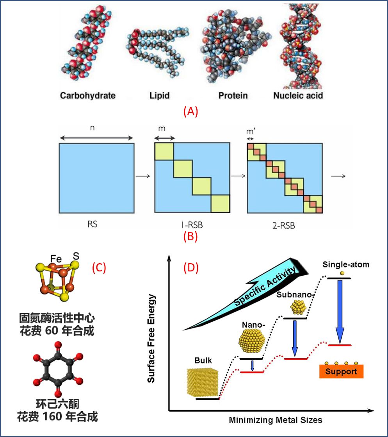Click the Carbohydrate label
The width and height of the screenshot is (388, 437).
click(88, 95)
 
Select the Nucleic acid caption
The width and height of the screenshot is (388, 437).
click(298, 95)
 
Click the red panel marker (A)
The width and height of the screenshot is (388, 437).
click(191, 112)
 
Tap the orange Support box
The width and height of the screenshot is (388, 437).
click(341, 371)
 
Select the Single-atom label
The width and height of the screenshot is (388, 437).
click(346, 265)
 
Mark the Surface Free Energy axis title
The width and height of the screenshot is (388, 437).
click(152, 333)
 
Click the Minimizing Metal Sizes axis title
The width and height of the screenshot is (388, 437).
click(276, 420)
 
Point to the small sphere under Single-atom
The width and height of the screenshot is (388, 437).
click(342, 273)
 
